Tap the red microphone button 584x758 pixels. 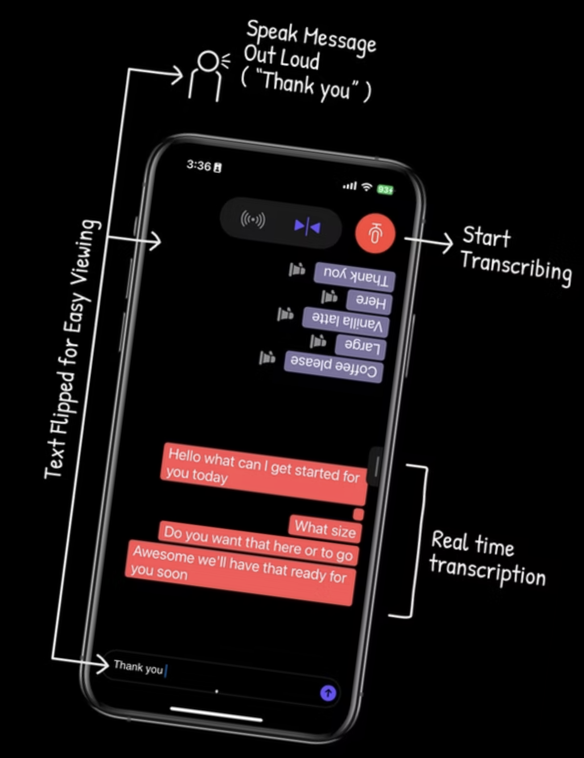[x=375, y=233]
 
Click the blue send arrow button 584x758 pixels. [x=328, y=693]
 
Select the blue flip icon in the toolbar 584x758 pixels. [x=307, y=227]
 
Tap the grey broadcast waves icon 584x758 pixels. [x=253, y=220]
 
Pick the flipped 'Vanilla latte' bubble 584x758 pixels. [x=346, y=322]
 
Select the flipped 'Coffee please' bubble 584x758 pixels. [x=334, y=366]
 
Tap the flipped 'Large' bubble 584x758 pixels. [x=361, y=345]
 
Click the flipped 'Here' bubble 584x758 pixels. [x=369, y=300]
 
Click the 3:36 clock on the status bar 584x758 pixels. [x=199, y=165]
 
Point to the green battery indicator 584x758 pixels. [x=385, y=189]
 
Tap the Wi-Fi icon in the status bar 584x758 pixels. [x=367, y=186]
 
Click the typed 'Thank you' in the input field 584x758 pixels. [x=138, y=667]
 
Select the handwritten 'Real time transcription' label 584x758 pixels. [x=486, y=559]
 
